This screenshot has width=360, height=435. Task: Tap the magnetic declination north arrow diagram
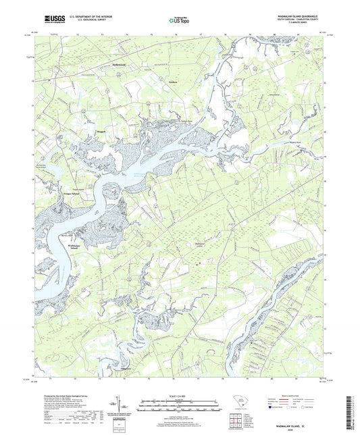[126, 407]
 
